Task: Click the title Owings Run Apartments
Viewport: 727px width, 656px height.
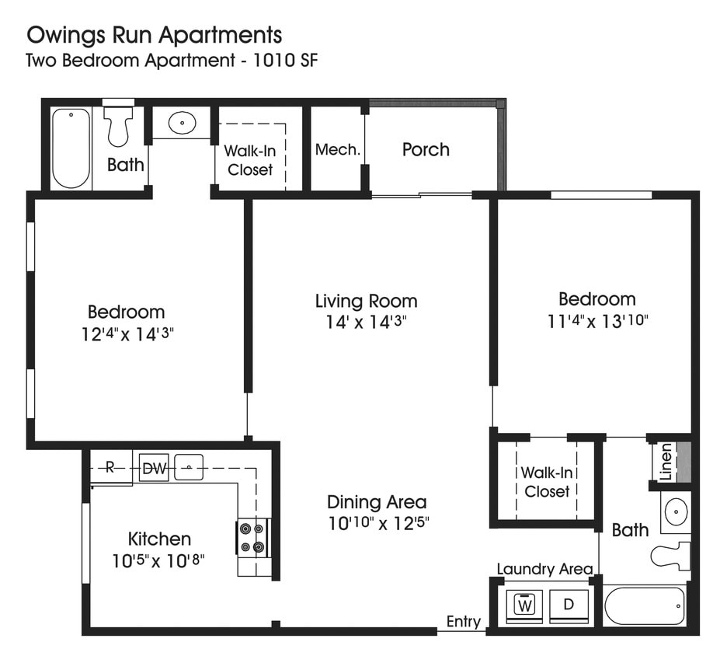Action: tap(155, 35)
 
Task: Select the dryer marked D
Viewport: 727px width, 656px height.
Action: tap(568, 604)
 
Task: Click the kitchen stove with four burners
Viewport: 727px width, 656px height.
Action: tap(253, 537)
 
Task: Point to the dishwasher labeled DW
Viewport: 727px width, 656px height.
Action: tap(153, 467)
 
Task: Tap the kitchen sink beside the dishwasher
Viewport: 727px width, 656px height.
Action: tap(188, 467)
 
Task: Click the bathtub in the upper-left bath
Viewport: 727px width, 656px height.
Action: tap(71, 148)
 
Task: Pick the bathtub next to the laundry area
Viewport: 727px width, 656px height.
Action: tap(645, 605)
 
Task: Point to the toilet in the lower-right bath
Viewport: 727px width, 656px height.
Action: tap(670, 555)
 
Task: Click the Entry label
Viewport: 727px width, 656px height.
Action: tap(463, 622)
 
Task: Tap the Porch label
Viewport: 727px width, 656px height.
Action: tap(426, 149)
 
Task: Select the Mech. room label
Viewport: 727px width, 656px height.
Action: tap(337, 149)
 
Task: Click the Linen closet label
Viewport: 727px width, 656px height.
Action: tap(666, 462)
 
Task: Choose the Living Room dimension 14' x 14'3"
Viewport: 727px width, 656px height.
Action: tap(366, 322)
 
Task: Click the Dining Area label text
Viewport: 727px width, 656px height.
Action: tap(376, 501)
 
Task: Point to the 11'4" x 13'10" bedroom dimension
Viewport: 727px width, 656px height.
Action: tap(597, 320)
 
